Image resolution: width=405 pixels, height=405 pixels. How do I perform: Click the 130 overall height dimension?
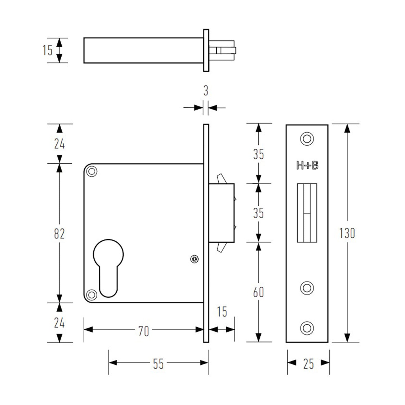[347, 233]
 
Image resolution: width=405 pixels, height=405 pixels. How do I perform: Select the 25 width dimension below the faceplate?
[308, 364]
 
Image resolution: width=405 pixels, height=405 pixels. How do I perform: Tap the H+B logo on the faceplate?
[307, 166]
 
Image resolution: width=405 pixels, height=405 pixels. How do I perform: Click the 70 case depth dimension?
[144, 331]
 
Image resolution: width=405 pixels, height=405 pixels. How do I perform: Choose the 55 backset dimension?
[158, 364]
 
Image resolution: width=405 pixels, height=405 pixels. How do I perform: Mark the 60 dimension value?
[258, 292]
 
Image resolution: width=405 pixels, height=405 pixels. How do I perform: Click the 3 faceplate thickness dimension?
[206, 91]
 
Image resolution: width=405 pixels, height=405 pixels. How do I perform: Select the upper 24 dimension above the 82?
[59, 144]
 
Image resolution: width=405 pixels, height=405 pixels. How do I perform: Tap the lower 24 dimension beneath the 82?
[59, 323]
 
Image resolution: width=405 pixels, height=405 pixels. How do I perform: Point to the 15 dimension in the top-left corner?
[47, 50]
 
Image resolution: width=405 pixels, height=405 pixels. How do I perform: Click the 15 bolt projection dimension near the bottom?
[222, 312]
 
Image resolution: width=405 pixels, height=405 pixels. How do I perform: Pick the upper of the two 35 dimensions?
[258, 154]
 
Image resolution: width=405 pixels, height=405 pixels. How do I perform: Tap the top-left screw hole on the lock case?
[92, 171]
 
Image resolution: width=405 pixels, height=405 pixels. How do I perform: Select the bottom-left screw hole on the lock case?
[91, 295]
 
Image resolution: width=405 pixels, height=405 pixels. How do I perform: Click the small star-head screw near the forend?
[195, 259]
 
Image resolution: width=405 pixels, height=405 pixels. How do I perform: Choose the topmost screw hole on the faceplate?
[307, 139]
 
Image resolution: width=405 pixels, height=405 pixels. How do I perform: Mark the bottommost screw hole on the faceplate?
[307, 328]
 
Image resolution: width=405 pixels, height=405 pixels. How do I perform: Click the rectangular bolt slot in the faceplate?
[307, 213]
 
